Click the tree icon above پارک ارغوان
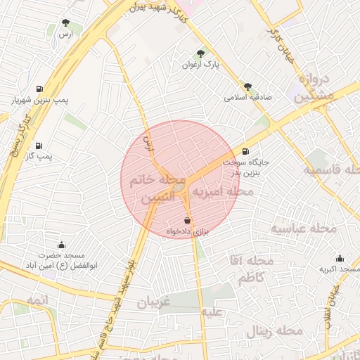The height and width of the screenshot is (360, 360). click(x=201, y=53)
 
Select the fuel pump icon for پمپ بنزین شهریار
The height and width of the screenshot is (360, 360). click(x=38, y=89)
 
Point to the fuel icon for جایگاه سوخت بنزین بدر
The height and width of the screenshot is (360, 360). click(x=245, y=151)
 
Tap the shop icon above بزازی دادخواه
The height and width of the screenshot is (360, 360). click(x=187, y=221)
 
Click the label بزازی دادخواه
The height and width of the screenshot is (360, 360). click(x=188, y=231)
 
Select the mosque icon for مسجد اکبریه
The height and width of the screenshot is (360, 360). click(x=340, y=259)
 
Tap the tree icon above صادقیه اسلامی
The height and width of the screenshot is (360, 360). click(x=247, y=86)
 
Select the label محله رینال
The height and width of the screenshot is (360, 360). click(x=270, y=330)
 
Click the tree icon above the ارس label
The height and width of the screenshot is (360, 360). click(x=65, y=23)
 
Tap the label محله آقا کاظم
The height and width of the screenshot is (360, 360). click(x=259, y=271)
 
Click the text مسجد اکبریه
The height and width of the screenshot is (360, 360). click(x=340, y=269)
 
